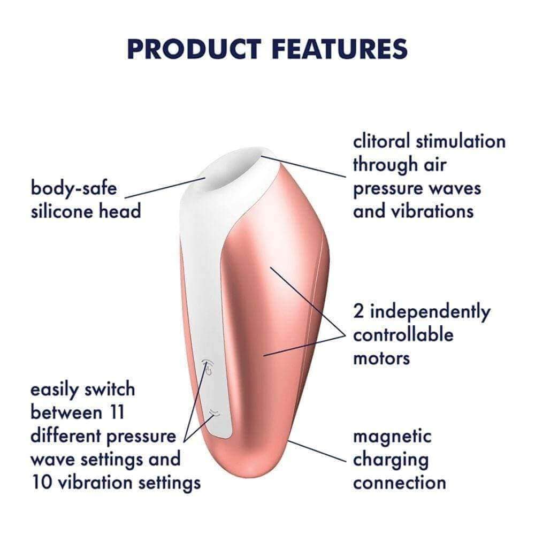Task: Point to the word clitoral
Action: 384,141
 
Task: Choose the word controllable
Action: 403,335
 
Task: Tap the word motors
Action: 381,358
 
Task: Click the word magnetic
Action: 392,437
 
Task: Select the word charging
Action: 391,460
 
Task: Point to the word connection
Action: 400,483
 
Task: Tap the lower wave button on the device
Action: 215,412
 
